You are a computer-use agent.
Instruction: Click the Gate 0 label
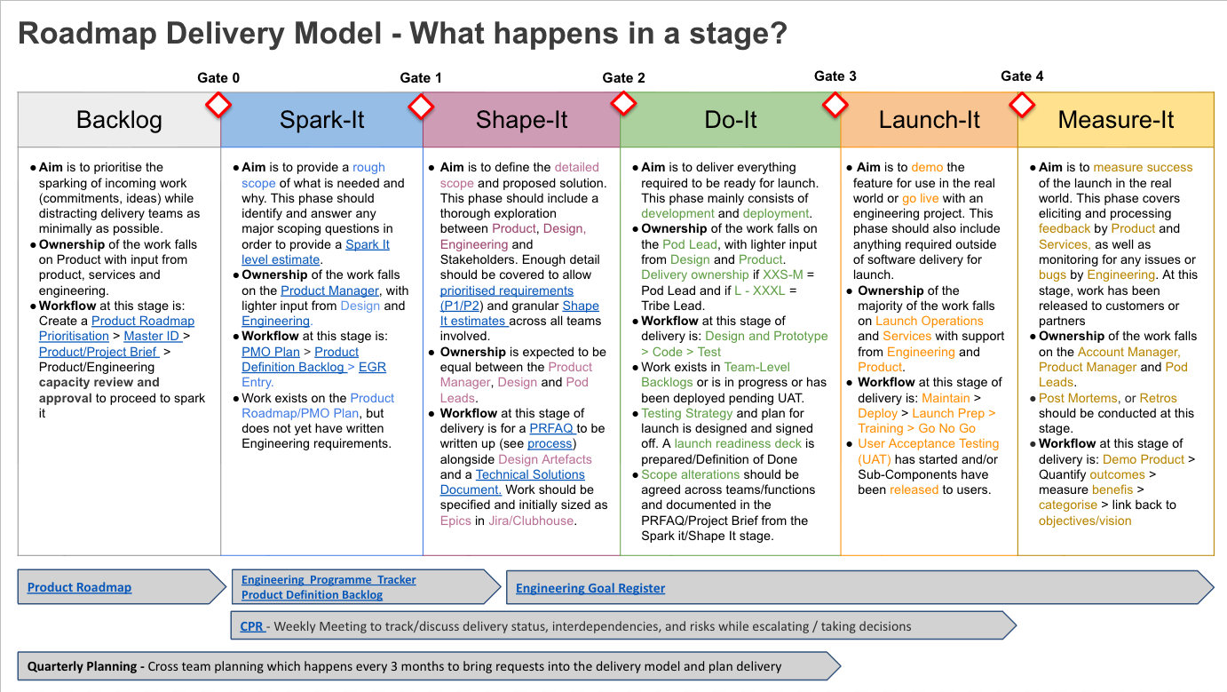click(218, 78)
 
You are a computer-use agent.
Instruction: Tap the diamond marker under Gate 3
click(835, 106)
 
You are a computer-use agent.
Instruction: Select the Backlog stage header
click(119, 120)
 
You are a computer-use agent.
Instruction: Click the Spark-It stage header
click(321, 120)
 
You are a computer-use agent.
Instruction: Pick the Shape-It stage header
click(521, 120)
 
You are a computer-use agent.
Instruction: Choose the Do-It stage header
click(731, 120)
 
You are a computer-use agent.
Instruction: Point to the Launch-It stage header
click(929, 120)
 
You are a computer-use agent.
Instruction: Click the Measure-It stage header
click(1116, 120)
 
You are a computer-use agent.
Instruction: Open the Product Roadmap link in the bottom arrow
click(79, 587)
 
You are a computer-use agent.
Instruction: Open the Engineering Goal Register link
click(590, 588)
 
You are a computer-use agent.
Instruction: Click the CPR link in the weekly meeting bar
click(252, 626)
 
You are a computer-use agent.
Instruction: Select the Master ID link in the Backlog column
click(152, 337)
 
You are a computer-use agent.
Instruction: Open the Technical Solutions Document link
click(530, 475)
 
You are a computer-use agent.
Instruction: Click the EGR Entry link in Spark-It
click(372, 367)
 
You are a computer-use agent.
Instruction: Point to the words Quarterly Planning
click(83, 666)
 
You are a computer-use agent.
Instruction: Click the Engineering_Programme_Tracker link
click(329, 580)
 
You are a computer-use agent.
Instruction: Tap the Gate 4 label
click(1022, 76)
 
